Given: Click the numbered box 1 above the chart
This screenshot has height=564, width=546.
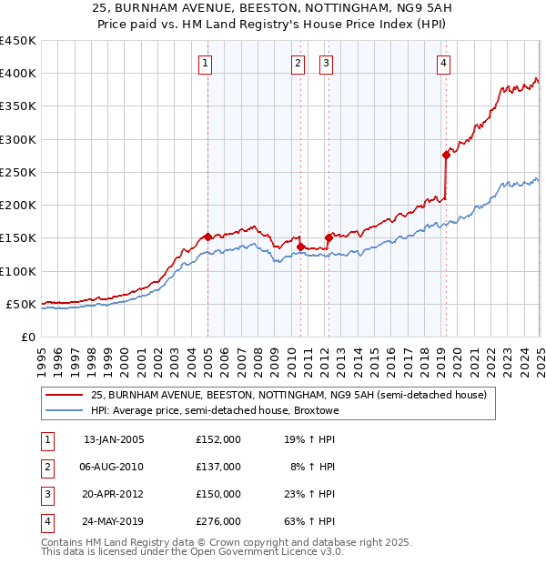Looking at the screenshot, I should (207, 63).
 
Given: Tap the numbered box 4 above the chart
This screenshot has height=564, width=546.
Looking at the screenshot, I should (443, 63).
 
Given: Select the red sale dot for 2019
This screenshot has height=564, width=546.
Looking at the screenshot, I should (446, 155).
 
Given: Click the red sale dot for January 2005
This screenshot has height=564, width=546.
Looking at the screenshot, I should (207, 237).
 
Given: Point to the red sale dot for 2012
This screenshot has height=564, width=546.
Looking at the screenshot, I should (329, 237).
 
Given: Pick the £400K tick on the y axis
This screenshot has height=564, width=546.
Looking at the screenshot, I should (20, 74).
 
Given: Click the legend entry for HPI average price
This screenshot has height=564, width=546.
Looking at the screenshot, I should (215, 410).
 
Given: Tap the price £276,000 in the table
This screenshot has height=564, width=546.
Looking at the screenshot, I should (218, 521).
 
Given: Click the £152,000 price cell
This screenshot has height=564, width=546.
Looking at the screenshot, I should (218, 439).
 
